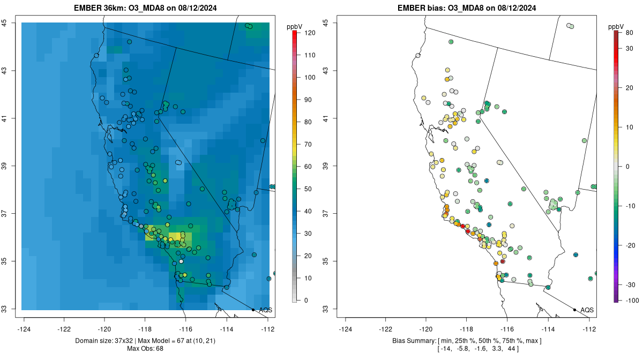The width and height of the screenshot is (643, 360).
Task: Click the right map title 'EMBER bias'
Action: tap(421, 8)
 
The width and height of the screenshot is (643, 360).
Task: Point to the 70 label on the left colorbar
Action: tap(309, 145)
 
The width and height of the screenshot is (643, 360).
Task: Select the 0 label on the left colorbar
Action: tap(306, 301)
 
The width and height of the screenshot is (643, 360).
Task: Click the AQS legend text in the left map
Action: tap(265, 310)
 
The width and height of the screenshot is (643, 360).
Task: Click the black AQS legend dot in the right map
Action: tap(574, 310)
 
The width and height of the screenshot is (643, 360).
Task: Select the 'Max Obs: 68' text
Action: tap(145, 349)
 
